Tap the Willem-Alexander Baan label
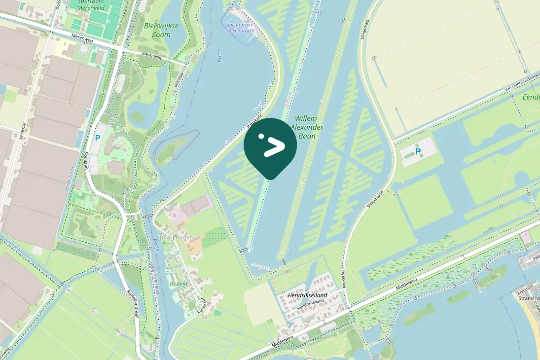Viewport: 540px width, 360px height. [x=307, y=127]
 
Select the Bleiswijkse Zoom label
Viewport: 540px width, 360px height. [x=157, y=30]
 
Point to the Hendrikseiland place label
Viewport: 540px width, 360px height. [x=308, y=295]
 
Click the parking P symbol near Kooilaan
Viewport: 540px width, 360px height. [x=98, y=139]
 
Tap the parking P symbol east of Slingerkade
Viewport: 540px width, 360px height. [x=418, y=151]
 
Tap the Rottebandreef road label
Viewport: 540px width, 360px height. [x=132, y=301]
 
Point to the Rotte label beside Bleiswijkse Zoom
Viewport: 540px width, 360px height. [x=220, y=55]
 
